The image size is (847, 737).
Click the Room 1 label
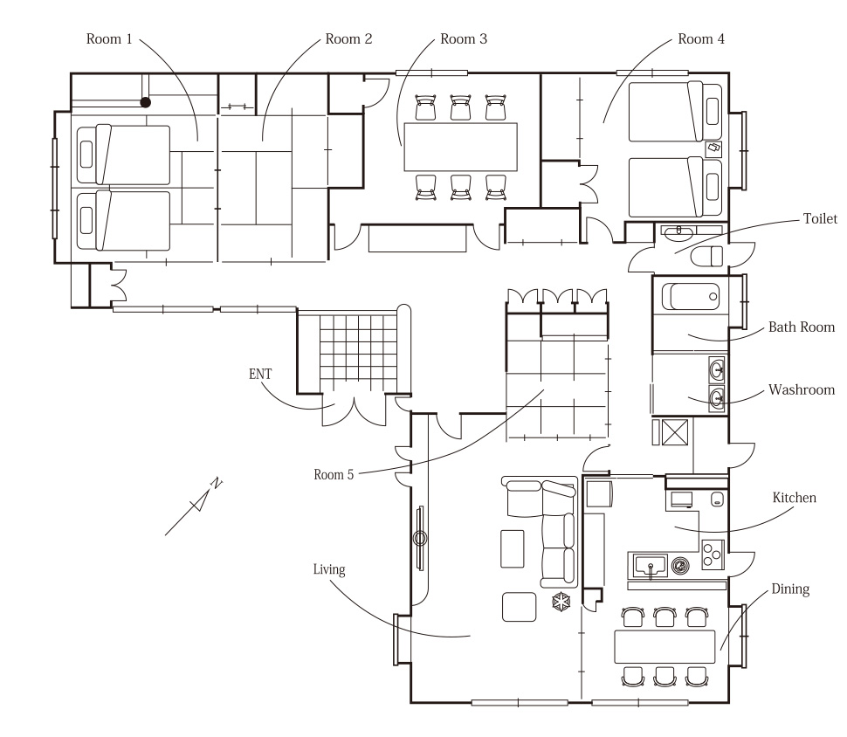109,39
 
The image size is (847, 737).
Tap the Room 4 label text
701,39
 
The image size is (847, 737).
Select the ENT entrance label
260,374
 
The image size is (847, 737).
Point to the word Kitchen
794,498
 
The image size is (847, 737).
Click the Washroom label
802,389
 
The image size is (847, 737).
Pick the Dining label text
790,589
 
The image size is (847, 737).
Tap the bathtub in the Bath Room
691,297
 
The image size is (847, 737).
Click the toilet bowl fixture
706,257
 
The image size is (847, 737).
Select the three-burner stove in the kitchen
713,554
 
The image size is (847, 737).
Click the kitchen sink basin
651,566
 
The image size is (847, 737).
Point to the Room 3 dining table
461,147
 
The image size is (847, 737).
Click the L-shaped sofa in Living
541,532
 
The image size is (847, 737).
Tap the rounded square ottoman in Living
519,607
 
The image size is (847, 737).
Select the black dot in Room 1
145,102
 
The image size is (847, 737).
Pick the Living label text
329,570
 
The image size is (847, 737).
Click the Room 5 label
334,474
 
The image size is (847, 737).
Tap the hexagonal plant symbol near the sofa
561,602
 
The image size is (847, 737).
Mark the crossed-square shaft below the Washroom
675,432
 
